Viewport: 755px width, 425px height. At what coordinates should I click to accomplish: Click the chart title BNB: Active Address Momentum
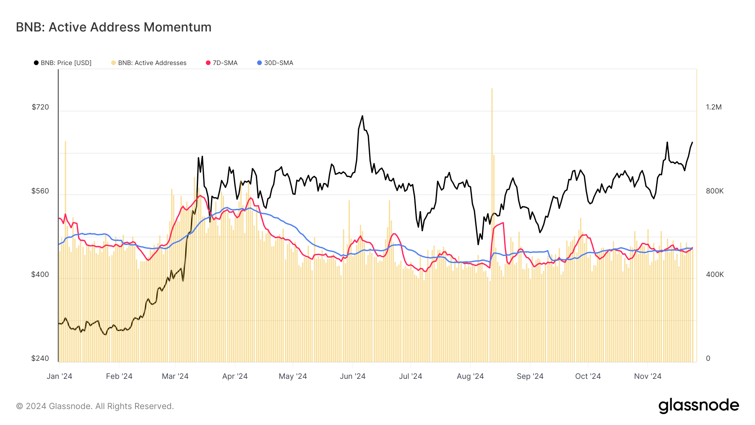pos(114,27)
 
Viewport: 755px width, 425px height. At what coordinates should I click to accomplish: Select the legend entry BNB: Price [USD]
pos(63,63)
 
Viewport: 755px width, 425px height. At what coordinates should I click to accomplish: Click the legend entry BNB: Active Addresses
pos(149,63)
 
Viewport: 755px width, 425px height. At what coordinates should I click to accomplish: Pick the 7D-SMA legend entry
pos(222,63)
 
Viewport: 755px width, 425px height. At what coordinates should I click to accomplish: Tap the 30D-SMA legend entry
pos(275,63)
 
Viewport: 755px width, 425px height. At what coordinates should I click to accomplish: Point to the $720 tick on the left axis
pos(40,107)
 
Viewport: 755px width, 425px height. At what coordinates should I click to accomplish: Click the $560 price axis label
pos(40,191)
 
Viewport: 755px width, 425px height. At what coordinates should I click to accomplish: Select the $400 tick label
pos(40,274)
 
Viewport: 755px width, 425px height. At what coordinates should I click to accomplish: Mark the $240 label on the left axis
pos(40,358)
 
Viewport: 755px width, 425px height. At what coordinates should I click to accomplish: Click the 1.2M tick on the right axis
pos(713,107)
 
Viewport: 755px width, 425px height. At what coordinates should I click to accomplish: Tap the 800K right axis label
pos(715,191)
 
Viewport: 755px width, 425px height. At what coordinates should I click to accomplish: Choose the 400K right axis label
pos(715,274)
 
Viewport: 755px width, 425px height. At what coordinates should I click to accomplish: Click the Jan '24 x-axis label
pos(60,376)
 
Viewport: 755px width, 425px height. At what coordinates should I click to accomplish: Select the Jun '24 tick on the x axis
pos(352,376)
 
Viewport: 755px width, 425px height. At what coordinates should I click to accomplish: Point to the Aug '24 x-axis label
pos(470,376)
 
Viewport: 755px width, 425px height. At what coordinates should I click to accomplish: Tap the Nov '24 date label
pos(648,376)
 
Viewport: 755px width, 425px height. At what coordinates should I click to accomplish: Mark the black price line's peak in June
pos(362,116)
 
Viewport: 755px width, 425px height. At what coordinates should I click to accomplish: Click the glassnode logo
pos(698,406)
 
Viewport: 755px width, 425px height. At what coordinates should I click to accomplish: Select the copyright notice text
pos(95,406)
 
